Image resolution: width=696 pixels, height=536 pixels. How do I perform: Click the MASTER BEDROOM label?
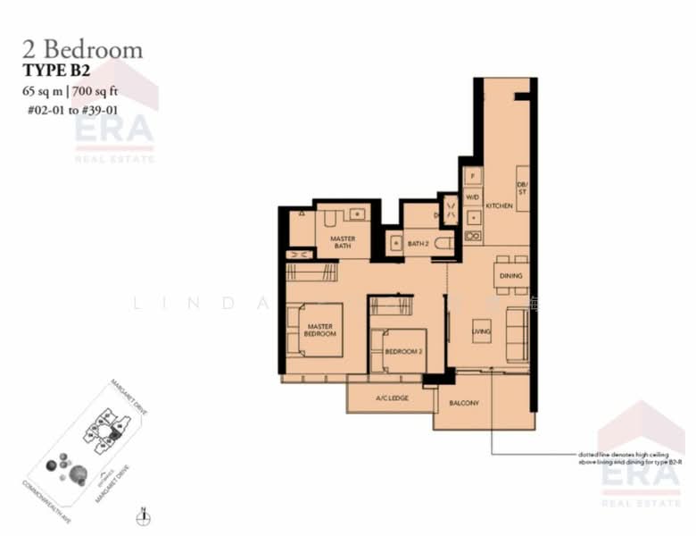(321, 330)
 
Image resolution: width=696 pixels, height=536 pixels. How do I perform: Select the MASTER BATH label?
(343, 242)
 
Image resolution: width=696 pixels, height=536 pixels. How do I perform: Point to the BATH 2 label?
(419, 243)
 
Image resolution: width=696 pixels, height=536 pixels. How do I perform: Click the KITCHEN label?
(499, 205)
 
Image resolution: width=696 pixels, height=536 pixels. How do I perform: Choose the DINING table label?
(510, 276)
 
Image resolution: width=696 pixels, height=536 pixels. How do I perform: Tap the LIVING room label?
(482, 331)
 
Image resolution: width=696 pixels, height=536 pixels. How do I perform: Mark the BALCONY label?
(464, 403)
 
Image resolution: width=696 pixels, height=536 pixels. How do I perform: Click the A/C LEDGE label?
(391, 398)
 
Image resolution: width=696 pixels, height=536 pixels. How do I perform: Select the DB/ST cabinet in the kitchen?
(522, 188)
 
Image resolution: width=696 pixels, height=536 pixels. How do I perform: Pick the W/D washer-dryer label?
(473, 197)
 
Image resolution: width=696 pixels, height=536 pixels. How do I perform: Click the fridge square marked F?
(473, 175)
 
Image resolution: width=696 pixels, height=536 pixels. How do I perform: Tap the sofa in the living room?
(517, 333)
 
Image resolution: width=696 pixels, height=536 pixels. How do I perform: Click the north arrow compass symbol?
(142, 515)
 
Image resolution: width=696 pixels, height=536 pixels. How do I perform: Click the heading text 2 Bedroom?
(82, 49)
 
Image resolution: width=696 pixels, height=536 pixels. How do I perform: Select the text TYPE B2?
(57, 70)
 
